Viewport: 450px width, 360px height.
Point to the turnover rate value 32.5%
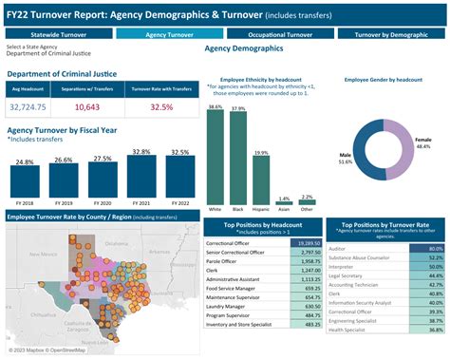point(160,107)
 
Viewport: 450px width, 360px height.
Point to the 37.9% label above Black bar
point(237,109)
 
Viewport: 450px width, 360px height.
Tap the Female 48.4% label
point(423,143)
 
